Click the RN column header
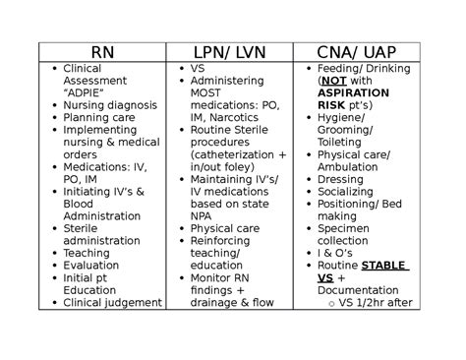tap(101, 52)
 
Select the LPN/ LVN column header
tap(228, 52)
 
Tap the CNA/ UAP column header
tap(357, 52)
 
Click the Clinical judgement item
tap(111, 303)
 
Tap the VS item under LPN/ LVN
tap(198, 68)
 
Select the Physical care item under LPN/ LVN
tap(224, 229)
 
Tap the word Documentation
tap(357, 290)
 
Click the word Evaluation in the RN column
tap(90, 266)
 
